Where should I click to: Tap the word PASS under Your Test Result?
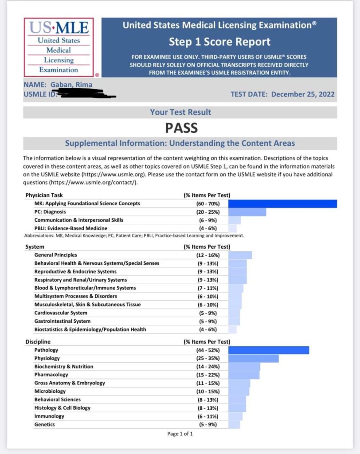point(181,128)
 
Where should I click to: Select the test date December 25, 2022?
point(303,94)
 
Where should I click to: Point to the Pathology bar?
point(269,350)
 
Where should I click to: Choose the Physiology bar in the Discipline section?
point(254,358)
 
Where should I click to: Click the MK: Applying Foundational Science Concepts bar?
point(282,204)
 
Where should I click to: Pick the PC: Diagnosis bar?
point(247,212)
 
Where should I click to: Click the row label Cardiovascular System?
point(61,313)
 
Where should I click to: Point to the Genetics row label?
point(45,424)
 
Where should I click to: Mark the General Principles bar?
point(240,255)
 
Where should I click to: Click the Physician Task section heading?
point(43,195)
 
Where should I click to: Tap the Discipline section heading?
point(38,342)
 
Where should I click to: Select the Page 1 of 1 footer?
point(180,434)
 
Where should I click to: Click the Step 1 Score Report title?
point(219,42)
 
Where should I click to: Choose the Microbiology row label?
point(50,391)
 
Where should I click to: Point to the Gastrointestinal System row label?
point(63,321)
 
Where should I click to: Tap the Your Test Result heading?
point(180,112)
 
